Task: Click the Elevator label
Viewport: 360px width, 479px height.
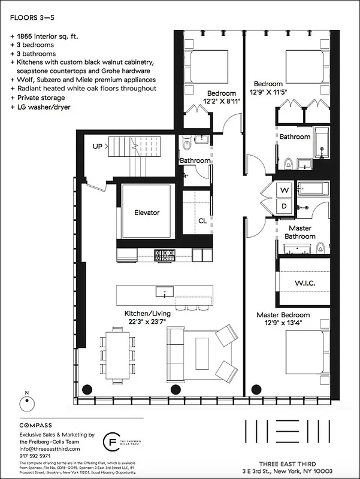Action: [147, 213]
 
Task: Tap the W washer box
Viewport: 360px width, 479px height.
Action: [285, 190]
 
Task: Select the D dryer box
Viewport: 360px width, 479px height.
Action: [285, 207]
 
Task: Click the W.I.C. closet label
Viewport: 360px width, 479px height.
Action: [305, 282]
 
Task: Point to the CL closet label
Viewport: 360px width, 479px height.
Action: [202, 221]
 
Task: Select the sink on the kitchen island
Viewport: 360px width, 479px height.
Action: [164, 292]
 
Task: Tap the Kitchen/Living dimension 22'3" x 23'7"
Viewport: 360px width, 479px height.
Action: [147, 322]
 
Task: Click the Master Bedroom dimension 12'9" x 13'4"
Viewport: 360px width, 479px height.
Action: [283, 323]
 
